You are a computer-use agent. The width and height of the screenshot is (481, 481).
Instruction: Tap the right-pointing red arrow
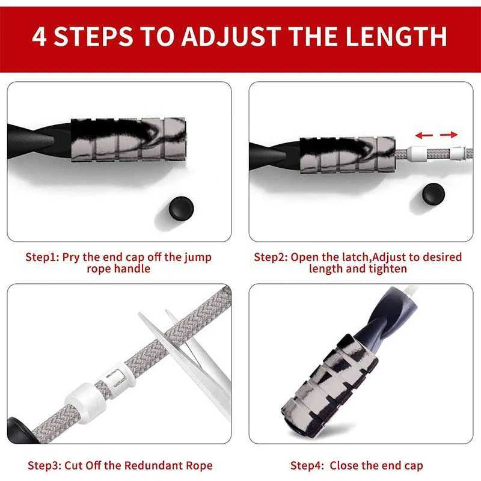point(448,134)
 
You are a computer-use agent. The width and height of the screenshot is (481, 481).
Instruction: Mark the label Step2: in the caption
point(271,257)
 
